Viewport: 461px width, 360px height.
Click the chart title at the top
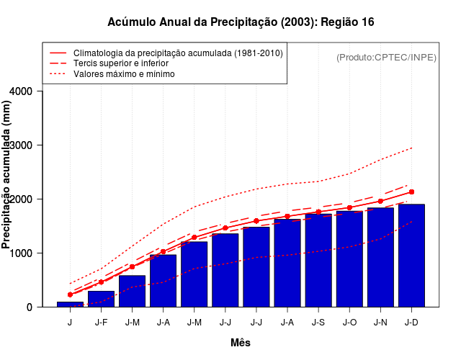(x=241, y=22)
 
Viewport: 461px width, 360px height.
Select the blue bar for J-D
(x=411, y=256)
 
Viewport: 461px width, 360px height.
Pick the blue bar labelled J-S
(x=318, y=260)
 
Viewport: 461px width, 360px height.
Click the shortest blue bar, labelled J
(x=70, y=305)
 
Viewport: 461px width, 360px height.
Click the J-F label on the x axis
(x=101, y=322)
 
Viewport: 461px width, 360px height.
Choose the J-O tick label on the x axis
(x=349, y=322)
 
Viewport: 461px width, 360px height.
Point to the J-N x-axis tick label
(x=380, y=322)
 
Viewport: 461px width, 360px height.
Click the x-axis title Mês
(x=241, y=343)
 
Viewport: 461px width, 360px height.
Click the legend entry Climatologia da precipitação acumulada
(x=178, y=53)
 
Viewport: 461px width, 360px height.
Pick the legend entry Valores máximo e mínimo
(x=124, y=73)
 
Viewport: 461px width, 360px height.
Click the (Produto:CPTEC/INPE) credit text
(x=386, y=57)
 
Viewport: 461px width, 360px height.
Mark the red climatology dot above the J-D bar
(x=411, y=192)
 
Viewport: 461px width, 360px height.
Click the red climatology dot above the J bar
(x=70, y=294)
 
